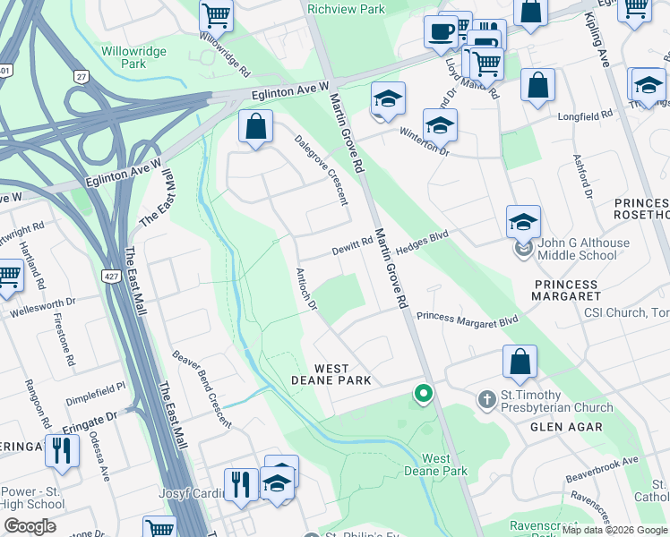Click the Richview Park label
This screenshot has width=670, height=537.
346,9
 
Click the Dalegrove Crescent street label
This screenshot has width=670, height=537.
322,170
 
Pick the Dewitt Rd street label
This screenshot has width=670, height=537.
353,244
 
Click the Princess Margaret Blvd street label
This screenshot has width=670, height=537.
468,319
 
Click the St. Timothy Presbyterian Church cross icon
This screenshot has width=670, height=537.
486,398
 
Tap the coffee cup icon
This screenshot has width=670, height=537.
440,32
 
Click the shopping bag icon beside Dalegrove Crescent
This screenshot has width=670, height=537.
255,127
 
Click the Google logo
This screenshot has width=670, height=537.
30,526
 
